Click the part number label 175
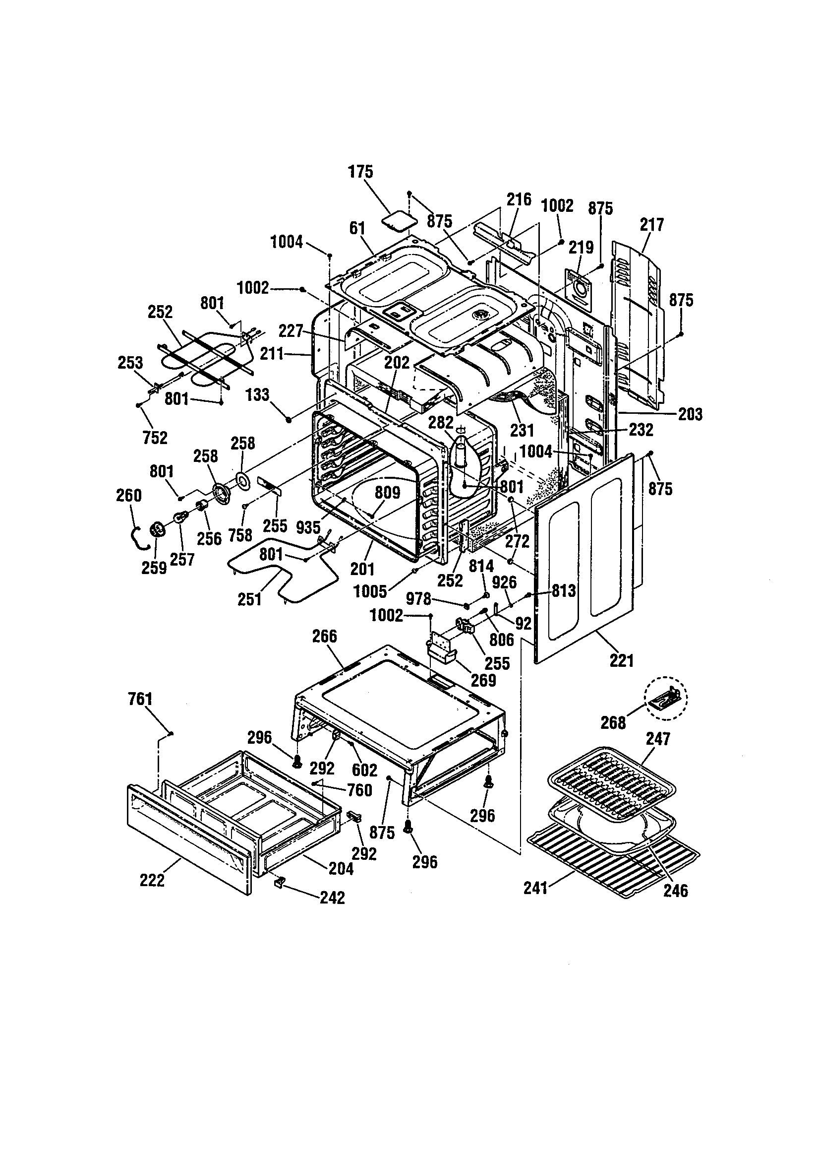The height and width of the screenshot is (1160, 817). (x=360, y=172)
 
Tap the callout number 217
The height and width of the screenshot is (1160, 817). (x=652, y=224)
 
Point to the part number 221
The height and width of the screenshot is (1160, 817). (x=621, y=660)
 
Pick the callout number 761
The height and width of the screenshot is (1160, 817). (x=140, y=699)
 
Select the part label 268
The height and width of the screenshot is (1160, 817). (x=613, y=723)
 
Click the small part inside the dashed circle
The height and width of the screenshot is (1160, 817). (x=666, y=698)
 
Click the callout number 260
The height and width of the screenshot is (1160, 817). (x=129, y=495)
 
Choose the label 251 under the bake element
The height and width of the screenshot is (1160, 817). (x=249, y=600)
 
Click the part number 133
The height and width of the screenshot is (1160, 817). (x=257, y=394)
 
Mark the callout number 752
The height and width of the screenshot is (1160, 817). (x=155, y=438)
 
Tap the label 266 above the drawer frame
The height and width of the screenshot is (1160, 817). (x=324, y=636)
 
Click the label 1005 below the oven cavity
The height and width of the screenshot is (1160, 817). (x=370, y=591)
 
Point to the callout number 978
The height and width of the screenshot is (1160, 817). (x=418, y=600)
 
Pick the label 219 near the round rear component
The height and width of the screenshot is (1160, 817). (x=581, y=248)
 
